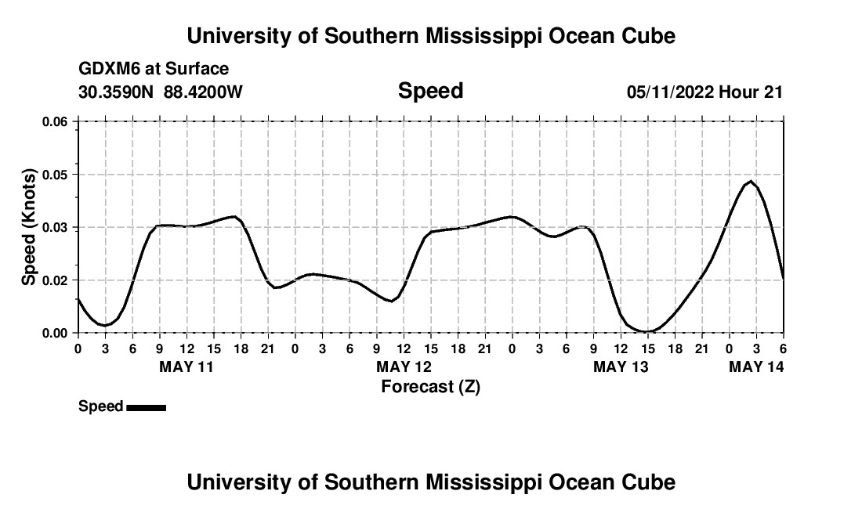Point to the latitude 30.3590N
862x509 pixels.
pos(118,92)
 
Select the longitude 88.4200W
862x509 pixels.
pos(203,92)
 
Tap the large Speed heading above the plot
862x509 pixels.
pos(430,91)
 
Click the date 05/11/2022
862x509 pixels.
pos(670,92)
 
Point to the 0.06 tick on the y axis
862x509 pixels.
pos(54,121)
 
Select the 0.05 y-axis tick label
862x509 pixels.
pos(54,175)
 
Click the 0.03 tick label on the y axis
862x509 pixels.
pos(54,227)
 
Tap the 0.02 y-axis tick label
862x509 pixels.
pos(54,280)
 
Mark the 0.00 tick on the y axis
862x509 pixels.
pos(54,333)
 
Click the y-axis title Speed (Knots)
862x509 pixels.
pos(29,227)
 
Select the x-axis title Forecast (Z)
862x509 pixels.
pos(430,386)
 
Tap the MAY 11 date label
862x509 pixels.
pos(187,366)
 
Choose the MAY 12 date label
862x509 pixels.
pos(404,366)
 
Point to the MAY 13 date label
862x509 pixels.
pos(621,366)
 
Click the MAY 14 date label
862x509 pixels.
pos(756,366)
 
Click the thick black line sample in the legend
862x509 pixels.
pos(146,407)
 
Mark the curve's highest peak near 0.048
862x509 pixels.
pos(751,181)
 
